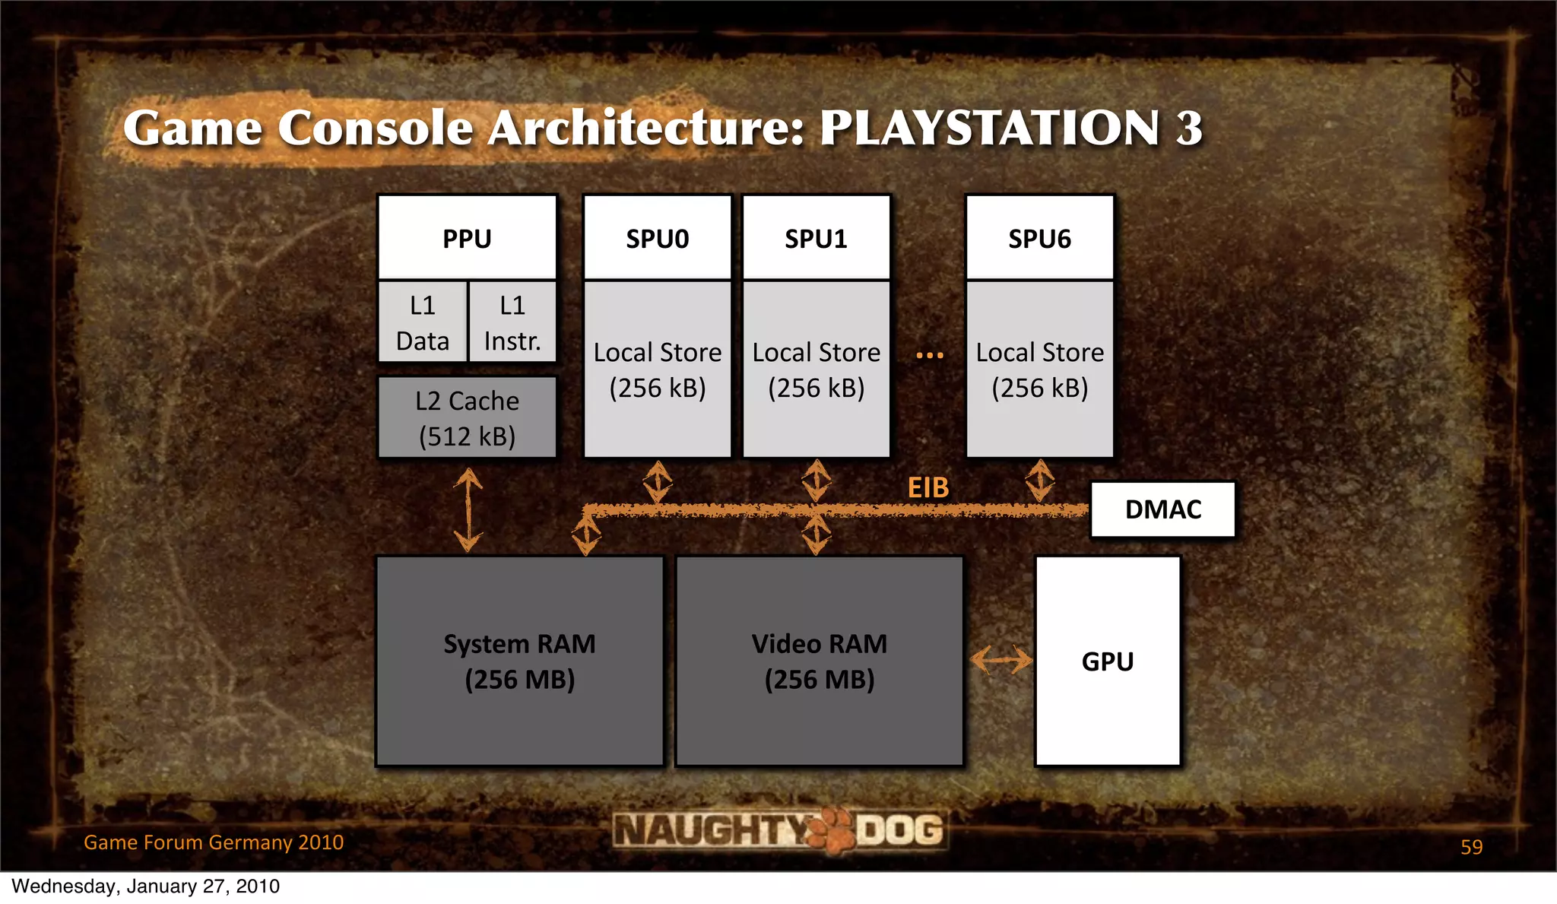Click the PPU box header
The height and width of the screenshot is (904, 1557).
pyautogui.click(x=467, y=239)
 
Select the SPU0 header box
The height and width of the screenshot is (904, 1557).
pyautogui.click(x=657, y=239)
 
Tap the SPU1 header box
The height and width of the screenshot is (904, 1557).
pyautogui.click(x=816, y=239)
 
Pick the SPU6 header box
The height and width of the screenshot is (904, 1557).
pyautogui.click(x=1039, y=239)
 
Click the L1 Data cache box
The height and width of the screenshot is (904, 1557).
pyautogui.click(x=423, y=322)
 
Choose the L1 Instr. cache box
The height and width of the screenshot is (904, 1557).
pyautogui.click(x=512, y=322)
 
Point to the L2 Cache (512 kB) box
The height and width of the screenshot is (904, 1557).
pyautogui.click(x=467, y=418)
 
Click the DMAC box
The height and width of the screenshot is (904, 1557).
pyautogui.click(x=1162, y=509)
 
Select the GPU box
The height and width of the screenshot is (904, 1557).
pyautogui.click(x=1108, y=661)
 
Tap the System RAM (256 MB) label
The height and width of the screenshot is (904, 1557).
pyautogui.click(x=519, y=661)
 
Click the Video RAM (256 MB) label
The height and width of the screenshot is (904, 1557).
pyautogui.click(x=819, y=661)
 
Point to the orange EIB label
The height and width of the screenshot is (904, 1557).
pyautogui.click(x=928, y=487)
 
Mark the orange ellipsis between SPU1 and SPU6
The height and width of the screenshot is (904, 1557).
pyautogui.click(x=929, y=355)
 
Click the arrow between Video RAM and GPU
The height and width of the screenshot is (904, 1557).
pyautogui.click(x=1001, y=659)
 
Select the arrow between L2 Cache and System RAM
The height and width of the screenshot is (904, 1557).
pyautogui.click(x=468, y=509)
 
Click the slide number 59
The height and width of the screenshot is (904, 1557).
pyautogui.click(x=1471, y=847)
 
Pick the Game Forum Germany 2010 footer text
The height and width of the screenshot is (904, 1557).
pyautogui.click(x=214, y=842)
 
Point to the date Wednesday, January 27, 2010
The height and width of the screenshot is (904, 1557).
pyautogui.click(x=146, y=887)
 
